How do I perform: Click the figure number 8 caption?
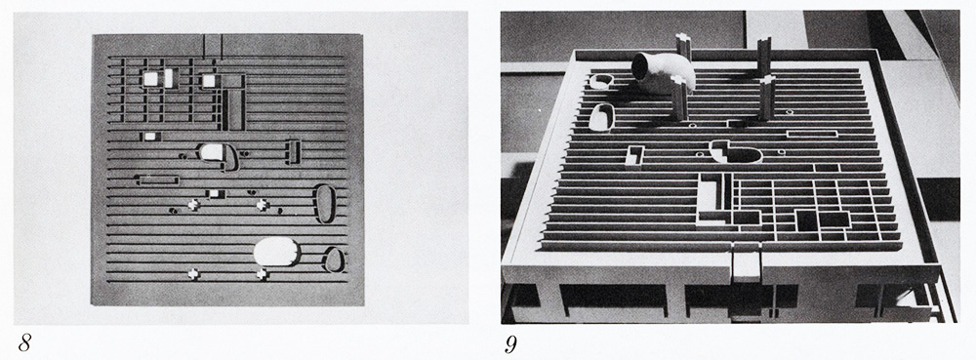click(x=25, y=342)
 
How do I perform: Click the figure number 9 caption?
click(x=510, y=343)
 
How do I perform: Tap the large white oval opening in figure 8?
click(x=276, y=252)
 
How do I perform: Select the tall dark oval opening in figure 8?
click(x=325, y=203)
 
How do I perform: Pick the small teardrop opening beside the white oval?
click(x=334, y=260)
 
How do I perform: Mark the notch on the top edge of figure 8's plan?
click(x=213, y=44)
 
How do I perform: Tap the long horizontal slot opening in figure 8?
click(x=158, y=180)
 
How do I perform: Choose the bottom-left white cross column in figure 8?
click(x=193, y=274)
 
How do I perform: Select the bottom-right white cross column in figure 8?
click(x=262, y=274)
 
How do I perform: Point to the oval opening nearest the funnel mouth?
click(x=600, y=81)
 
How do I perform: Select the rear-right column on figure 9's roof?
click(x=764, y=55)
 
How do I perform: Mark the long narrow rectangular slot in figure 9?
click(x=812, y=133)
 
